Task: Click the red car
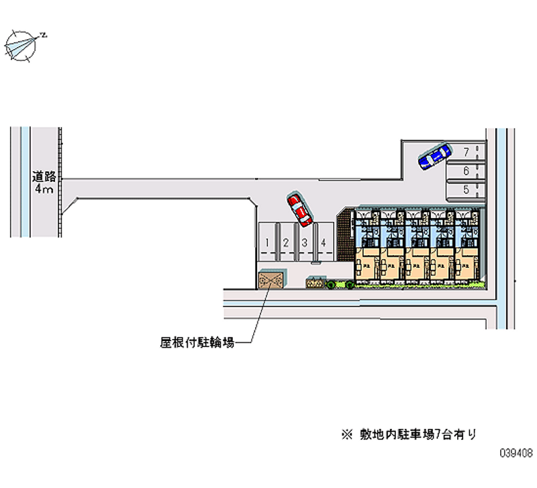(x=299, y=209)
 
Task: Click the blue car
(x=434, y=156)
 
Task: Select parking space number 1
(x=267, y=242)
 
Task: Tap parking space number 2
(x=286, y=242)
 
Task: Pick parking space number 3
(x=305, y=242)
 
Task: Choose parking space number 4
(x=324, y=242)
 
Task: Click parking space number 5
(x=466, y=190)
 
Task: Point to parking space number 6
(x=466, y=171)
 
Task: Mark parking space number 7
(x=466, y=152)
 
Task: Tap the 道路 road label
(x=45, y=177)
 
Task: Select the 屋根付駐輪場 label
(x=197, y=343)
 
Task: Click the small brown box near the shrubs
(x=314, y=283)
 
